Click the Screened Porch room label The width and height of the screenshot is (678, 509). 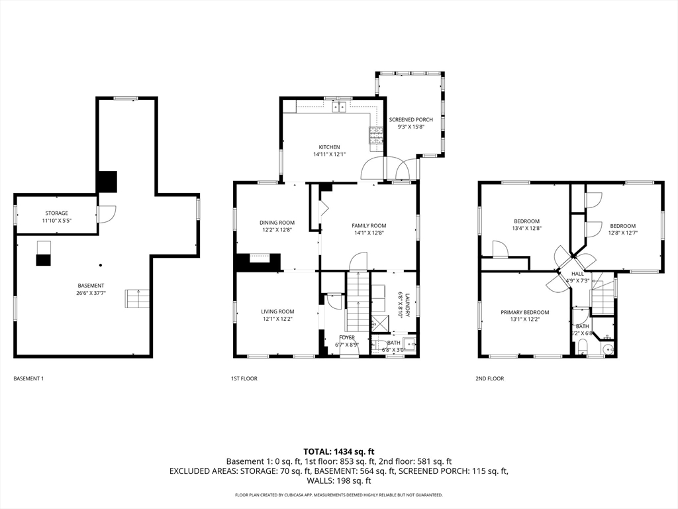(415, 120)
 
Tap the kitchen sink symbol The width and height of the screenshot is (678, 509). (340, 107)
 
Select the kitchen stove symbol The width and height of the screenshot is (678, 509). (376, 136)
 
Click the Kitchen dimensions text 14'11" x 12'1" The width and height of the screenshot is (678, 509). (330, 154)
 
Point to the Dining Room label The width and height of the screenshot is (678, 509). (277, 223)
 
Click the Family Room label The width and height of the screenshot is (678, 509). (369, 225)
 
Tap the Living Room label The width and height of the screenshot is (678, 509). (277, 311)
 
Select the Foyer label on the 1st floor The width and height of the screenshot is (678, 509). (346, 337)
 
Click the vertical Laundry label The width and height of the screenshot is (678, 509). (409, 304)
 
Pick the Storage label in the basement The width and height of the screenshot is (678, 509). (56, 213)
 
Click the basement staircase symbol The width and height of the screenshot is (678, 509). (138, 298)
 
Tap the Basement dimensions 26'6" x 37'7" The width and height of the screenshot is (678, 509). (91, 292)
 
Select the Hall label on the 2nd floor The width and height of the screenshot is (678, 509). (578, 273)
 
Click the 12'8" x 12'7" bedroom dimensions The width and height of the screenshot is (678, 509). (622, 233)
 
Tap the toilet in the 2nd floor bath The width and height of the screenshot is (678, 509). (583, 347)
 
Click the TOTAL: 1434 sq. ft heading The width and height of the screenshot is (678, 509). (339, 451)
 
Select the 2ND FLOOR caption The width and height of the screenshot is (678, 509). (490, 378)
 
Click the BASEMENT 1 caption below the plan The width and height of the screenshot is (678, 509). (28, 378)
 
